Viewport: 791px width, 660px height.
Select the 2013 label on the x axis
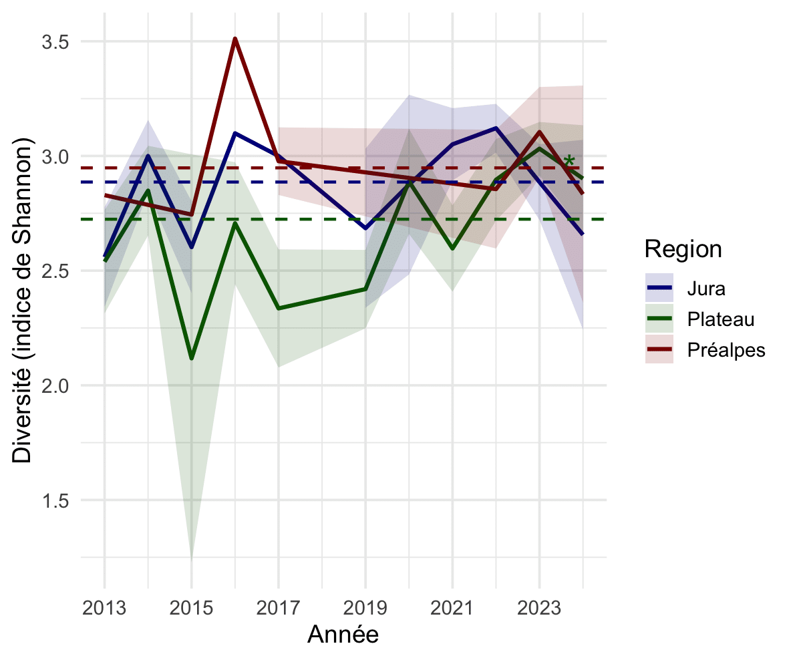click(104, 609)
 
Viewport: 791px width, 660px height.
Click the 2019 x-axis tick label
click(365, 609)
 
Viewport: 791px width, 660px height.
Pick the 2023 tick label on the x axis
click(539, 609)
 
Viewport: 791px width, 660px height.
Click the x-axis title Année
click(343, 635)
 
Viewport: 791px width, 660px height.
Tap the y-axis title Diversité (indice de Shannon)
click(23, 300)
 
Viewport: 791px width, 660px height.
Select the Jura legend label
click(705, 290)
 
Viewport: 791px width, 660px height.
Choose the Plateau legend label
click(720, 319)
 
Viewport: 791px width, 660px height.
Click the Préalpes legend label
click(726, 349)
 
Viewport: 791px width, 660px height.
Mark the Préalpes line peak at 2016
click(235, 39)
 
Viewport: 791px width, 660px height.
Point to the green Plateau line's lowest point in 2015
click(192, 359)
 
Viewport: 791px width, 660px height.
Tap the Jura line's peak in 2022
click(496, 128)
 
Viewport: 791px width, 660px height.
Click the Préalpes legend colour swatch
click(659, 349)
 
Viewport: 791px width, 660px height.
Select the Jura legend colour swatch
click(659, 290)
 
